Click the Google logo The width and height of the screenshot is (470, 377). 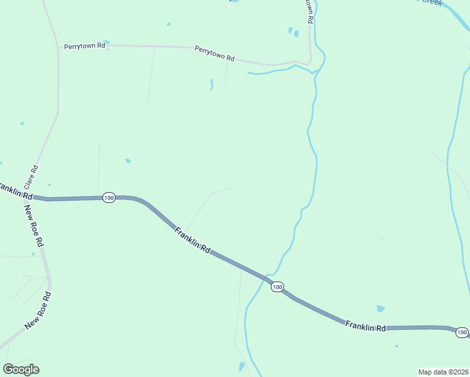coord(21,369)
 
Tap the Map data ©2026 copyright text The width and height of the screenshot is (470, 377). coord(443,372)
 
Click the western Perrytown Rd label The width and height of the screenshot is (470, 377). coord(84,46)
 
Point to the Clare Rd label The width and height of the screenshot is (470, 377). coord(31,178)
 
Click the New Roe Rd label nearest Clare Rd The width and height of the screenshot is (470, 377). coord(34,224)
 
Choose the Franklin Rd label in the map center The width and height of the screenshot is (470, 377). coord(192,239)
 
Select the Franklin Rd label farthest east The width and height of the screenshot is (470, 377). coord(365,325)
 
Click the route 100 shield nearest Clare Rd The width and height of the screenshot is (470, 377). coord(109,197)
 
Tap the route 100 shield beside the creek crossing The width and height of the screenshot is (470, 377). coord(277,287)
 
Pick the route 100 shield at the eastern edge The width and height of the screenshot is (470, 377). coord(462,332)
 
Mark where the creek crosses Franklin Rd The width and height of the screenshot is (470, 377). coord(263,277)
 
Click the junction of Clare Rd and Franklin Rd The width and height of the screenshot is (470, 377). coord(31,197)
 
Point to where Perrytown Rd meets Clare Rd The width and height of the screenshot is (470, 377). coord(58,45)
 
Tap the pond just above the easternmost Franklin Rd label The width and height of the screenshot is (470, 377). coord(380,309)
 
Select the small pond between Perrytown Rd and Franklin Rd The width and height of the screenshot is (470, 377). coord(128,161)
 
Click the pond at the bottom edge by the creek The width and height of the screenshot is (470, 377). coord(241,366)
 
